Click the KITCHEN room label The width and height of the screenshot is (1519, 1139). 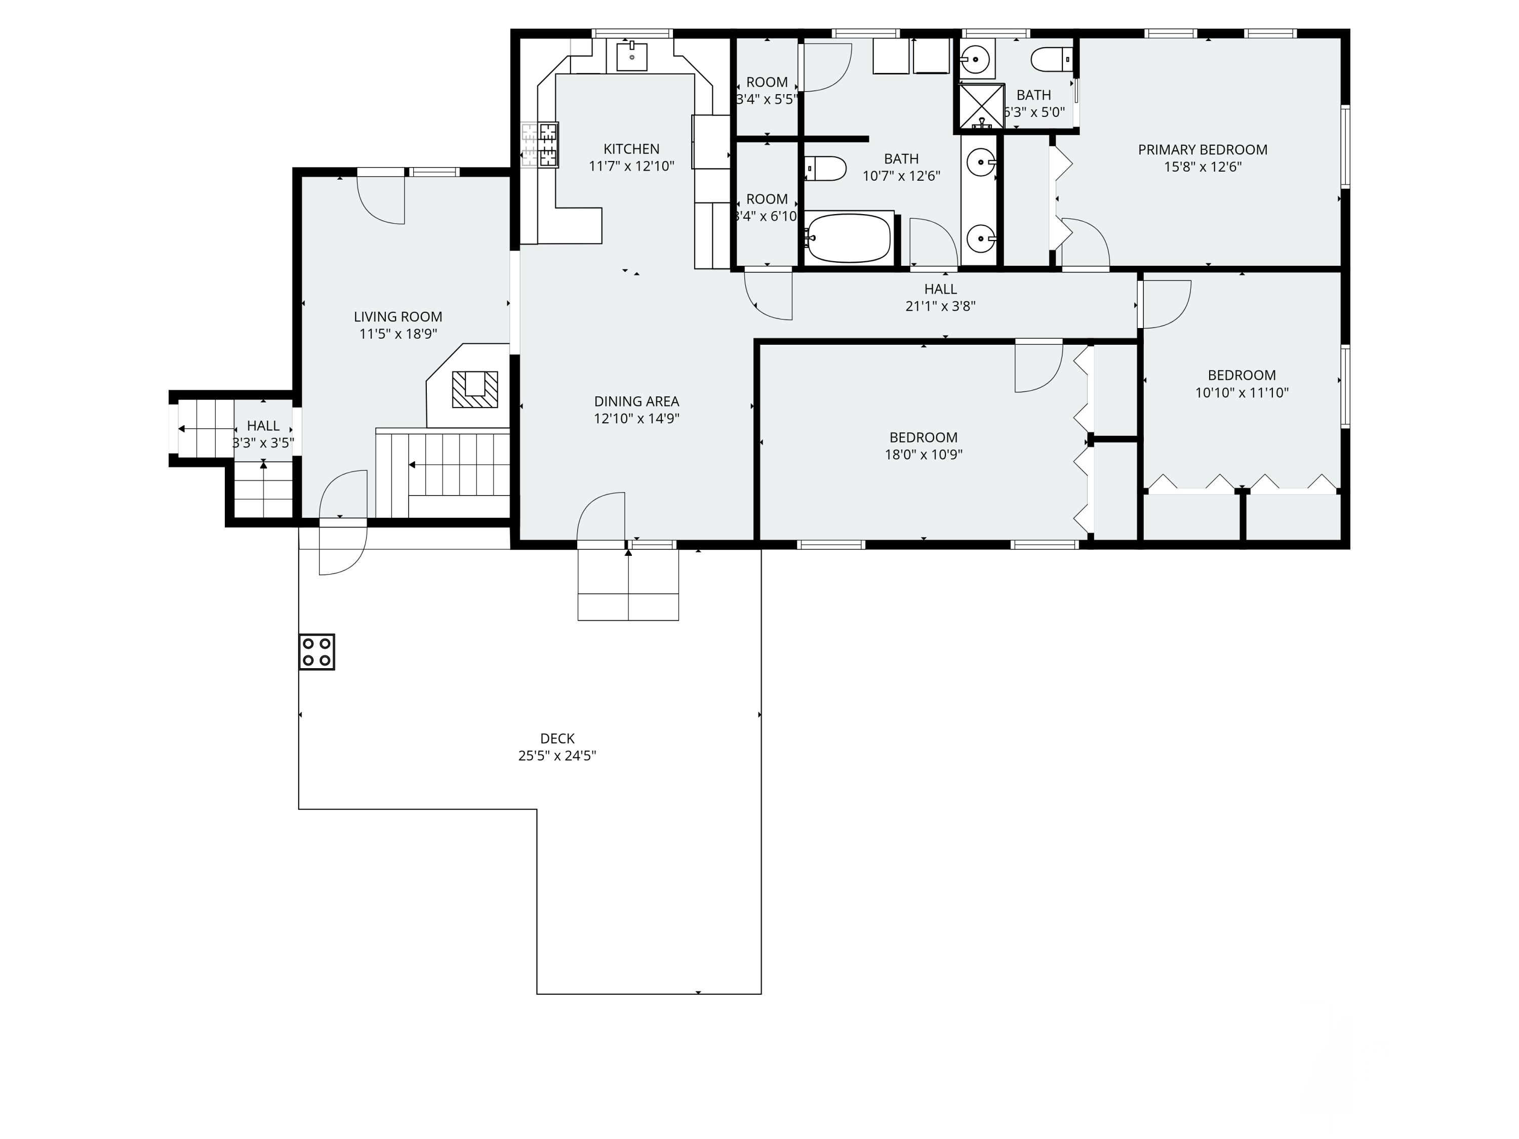(631, 149)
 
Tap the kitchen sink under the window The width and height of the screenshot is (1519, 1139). (631, 56)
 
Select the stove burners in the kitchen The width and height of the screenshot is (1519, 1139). (547, 144)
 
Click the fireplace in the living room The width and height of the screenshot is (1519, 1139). (474, 389)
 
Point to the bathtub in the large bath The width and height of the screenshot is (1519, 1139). (849, 238)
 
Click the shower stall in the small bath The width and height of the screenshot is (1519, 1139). (981, 106)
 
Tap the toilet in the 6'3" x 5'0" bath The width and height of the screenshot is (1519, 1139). (1051, 59)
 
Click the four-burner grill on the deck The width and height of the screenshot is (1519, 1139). (316, 652)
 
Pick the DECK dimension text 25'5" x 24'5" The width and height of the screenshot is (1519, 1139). (557, 756)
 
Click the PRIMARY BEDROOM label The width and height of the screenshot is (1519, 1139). (1203, 150)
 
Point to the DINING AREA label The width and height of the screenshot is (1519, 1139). (636, 401)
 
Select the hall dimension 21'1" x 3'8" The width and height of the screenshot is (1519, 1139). (940, 306)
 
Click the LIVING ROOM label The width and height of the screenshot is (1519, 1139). (397, 316)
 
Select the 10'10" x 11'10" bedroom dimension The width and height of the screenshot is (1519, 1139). (1242, 393)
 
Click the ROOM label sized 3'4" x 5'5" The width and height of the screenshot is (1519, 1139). (767, 83)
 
